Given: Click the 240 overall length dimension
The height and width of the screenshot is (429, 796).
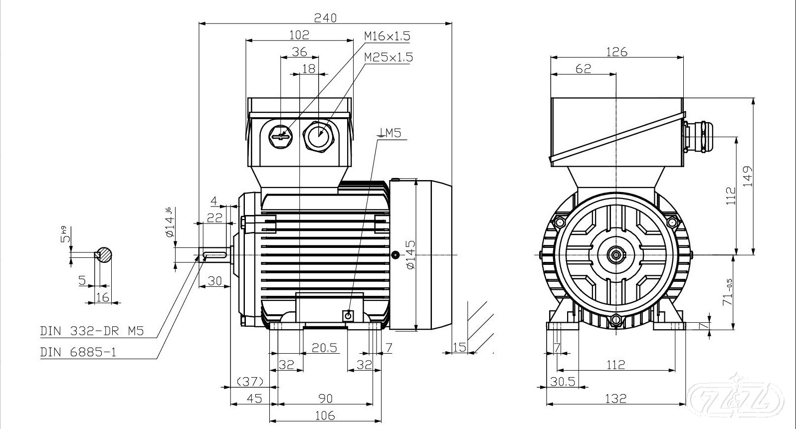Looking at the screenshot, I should tap(325, 17).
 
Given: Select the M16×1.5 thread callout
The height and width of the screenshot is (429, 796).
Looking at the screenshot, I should tap(387, 36).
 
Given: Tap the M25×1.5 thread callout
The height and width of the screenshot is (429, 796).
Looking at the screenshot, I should tap(389, 57).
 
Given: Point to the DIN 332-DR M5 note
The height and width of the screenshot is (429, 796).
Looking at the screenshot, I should tap(92, 331).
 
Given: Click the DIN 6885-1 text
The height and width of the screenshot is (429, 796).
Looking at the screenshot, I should tap(78, 352).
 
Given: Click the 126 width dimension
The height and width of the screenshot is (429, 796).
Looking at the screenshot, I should tap(616, 51).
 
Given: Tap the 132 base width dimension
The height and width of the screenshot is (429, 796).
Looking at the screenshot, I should tap(615, 398).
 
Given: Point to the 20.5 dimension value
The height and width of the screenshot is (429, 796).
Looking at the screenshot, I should tap(324, 347).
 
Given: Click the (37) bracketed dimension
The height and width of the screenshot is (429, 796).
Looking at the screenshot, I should tap(249, 382).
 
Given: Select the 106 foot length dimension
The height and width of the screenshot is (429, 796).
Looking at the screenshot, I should tap(325, 415).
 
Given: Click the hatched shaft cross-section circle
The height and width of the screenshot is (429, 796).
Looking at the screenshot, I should tap(104, 254).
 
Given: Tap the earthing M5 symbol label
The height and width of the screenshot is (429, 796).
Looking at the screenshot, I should tap(390, 133).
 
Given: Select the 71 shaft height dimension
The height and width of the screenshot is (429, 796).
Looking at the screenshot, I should tap(729, 292).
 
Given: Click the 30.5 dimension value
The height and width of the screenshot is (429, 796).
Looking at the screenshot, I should tap(563, 382).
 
